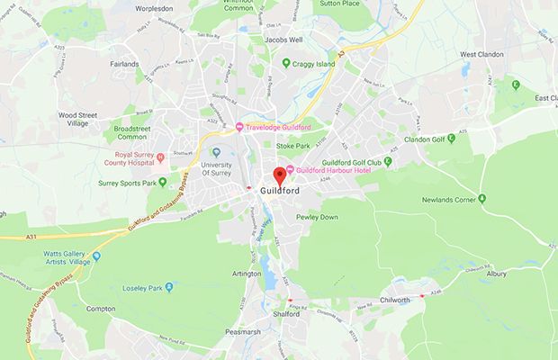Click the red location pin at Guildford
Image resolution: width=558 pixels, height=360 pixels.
tap(279, 174)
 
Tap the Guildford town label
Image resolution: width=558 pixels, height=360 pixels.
tap(280, 191)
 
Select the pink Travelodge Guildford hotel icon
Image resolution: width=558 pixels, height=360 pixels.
tap(239, 126)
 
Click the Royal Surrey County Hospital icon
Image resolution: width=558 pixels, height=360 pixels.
tap(160, 157)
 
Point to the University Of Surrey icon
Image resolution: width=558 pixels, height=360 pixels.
tap(216, 152)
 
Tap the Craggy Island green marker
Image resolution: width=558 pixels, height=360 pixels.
tap(286, 63)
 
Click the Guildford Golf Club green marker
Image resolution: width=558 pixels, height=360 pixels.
tap(388, 161)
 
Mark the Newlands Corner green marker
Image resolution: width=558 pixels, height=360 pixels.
tap(482, 197)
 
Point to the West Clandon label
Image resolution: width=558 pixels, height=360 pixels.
tap(480, 54)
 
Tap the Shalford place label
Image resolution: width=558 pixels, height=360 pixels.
tap(285, 315)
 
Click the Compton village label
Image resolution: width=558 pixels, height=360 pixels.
tap(101, 309)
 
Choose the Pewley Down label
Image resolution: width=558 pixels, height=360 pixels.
tap(317, 217)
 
